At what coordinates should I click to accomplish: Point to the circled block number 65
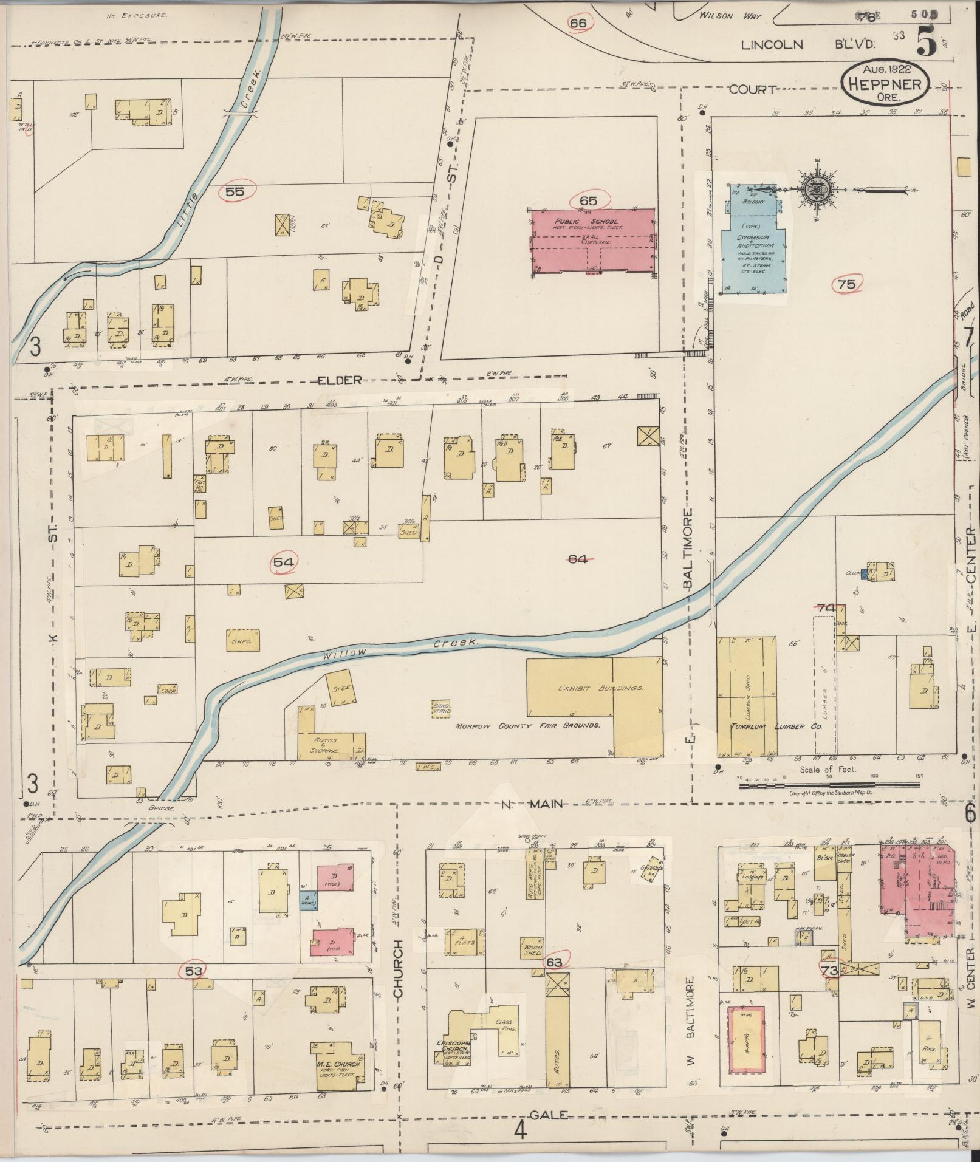(x=588, y=200)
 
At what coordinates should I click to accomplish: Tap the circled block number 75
(x=846, y=284)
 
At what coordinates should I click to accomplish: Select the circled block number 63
(x=554, y=962)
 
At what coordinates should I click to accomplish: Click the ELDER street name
(x=340, y=380)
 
